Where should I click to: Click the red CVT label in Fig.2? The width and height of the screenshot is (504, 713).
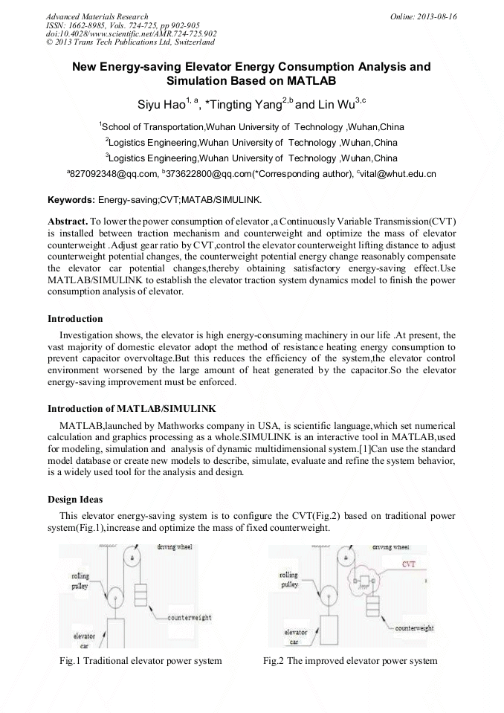click(408, 564)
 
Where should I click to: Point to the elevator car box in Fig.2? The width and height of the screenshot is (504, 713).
click(332, 632)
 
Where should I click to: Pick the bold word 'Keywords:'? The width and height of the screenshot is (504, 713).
click(71, 201)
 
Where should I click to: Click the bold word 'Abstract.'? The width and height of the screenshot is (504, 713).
click(67, 222)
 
